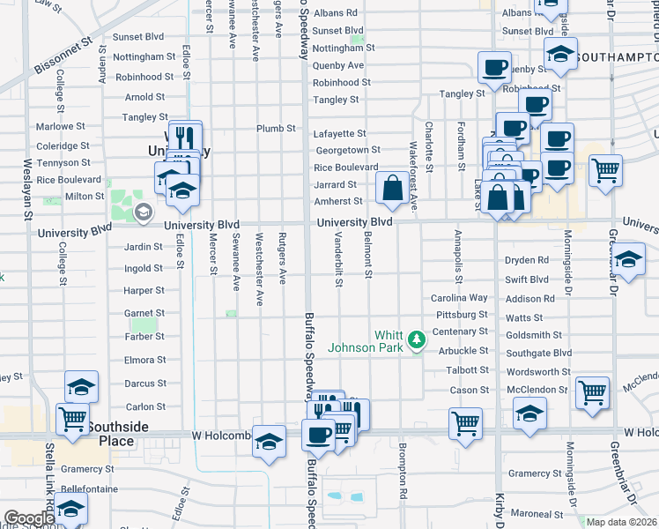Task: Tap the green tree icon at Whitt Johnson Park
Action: (416, 338)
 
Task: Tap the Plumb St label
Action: (276, 129)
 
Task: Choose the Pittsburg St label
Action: (461, 314)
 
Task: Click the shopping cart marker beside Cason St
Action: (593, 392)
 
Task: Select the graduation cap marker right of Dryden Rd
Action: (627, 260)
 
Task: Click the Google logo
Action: (30, 519)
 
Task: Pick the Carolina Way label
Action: (459, 298)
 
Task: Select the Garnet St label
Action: (144, 313)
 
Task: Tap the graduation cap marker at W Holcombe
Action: (269, 442)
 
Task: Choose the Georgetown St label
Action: (347, 150)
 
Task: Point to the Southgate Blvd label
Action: (540, 353)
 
